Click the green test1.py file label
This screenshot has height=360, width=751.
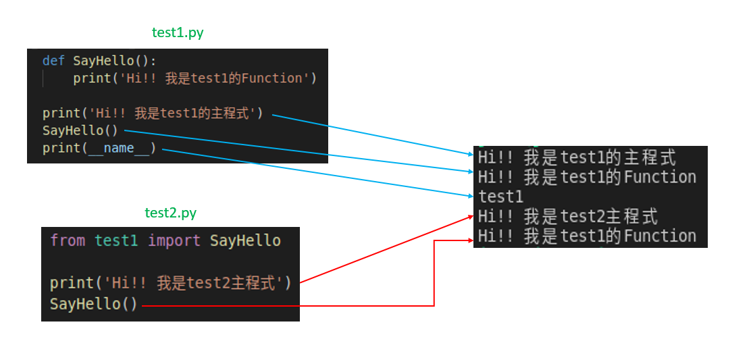point(177,32)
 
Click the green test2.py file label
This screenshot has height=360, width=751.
point(170,213)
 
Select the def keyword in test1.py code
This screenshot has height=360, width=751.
point(53,61)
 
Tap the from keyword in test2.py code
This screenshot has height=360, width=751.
point(68,240)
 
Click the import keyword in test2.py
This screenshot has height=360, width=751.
point(174,240)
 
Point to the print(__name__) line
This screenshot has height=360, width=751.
point(99,148)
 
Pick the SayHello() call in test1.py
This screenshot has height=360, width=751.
point(80,130)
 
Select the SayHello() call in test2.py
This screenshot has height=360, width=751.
point(93,304)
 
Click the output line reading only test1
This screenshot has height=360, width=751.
point(501,197)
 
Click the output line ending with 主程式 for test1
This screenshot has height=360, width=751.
point(577,158)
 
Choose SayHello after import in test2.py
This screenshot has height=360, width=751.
point(245,240)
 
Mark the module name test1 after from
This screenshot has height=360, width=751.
point(116,240)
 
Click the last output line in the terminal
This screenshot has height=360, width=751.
point(586,236)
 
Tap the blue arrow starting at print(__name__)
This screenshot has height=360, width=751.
point(317,173)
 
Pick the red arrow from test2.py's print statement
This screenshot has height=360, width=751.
point(385,249)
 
